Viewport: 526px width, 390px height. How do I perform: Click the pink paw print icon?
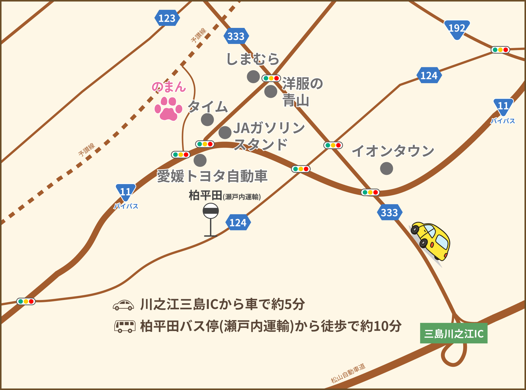[x=168, y=109]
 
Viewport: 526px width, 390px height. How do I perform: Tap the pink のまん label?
[x=169, y=87]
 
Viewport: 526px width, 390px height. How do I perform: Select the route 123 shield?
[x=167, y=18]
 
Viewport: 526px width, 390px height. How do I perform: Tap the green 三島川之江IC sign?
[x=453, y=333]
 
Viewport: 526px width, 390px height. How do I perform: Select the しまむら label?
[x=253, y=59]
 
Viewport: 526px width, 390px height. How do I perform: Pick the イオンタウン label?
[x=393, y=151]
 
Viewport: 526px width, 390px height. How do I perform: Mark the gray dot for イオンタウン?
[x=386, y=168]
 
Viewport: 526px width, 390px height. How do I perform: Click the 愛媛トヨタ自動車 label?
[x=212, y=176]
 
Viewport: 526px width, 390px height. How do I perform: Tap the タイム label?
[x=208, y=107]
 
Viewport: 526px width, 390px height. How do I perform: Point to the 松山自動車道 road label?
[x=348, y=373]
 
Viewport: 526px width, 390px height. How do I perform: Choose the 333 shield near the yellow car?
[x=390, y=213]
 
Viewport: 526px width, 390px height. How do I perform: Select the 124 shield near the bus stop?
[x=238, y=223]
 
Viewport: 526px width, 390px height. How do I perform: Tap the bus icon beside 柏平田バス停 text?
[x=125, y=326]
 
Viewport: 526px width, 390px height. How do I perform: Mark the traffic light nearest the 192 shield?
[x=500, y=50]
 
